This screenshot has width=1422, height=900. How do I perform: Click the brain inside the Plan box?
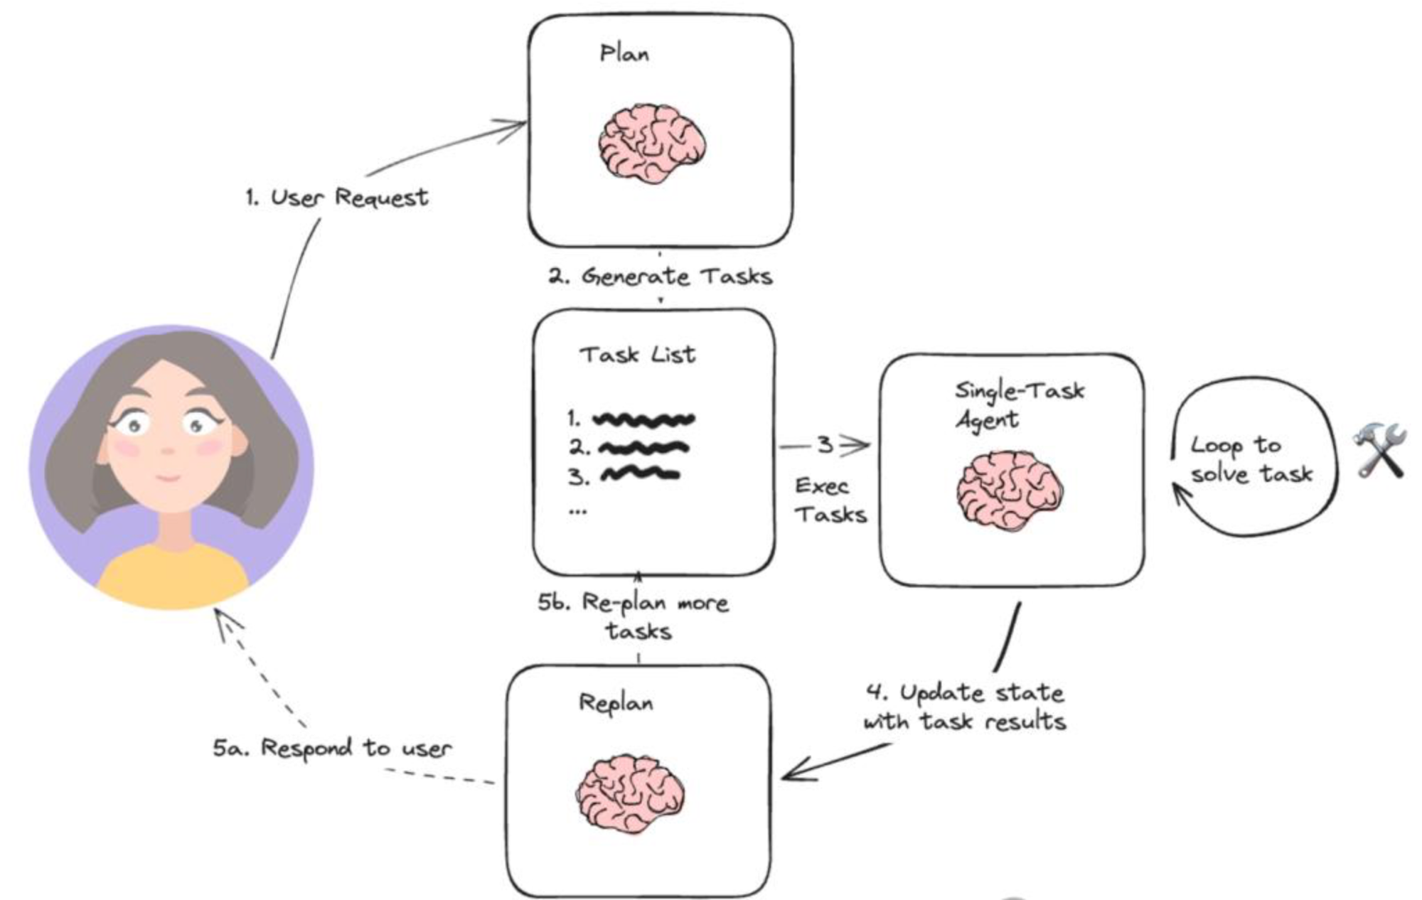pyautogui.click(x=651, y=144)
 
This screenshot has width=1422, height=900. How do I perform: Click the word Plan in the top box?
pyautogui.click(x=624, y=53)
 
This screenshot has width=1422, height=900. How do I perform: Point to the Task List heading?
pyautogui.click(x=637, y=354)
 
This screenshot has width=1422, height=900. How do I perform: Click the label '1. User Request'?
pyautogui.click(x=337, y=197)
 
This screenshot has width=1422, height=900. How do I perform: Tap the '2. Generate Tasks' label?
pyautogui.click(x=660, y=276)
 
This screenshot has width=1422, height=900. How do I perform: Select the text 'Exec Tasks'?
pyautogui.click(x=829, y=500)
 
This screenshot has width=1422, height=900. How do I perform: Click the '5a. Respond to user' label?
pyautogui.click(x=333, y=748)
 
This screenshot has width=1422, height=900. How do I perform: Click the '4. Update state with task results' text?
pyautogui.click(x=965, y=707)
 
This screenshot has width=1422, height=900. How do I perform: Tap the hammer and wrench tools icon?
pyautogui.click(x=1379, y=449)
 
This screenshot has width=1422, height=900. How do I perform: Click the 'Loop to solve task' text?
pyautogui.click(x=1250, y=459)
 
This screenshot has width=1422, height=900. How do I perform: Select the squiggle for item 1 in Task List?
pyautogui.click(x=643, y=419)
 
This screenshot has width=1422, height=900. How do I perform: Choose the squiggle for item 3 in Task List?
pyautogui.click(x=639, y=474)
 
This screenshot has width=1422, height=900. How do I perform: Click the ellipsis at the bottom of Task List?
pyautogui.click(x=577, y=510)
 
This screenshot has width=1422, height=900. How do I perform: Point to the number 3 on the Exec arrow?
pyautogui.click(x=825, y=446)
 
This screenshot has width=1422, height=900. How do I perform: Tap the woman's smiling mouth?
pyautogui.click(x=168, y=478)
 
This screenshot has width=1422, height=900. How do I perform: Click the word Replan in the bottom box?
pyautogui.click(x=616, y=703)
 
